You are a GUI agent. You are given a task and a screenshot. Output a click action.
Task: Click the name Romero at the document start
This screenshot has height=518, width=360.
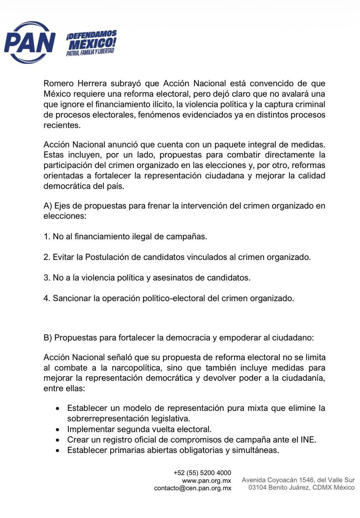click(x=59, y=83)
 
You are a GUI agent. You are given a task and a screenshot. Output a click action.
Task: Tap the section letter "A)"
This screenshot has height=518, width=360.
click(x=48, y=206)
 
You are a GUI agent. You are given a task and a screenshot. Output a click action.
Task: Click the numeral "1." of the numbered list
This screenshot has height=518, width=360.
click(x=47, y=237)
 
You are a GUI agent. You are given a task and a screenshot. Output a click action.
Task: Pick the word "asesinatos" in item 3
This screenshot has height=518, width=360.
click(x=172, y=278)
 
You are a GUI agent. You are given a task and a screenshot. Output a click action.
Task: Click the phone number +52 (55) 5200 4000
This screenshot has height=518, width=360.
click(x=202, y=472)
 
